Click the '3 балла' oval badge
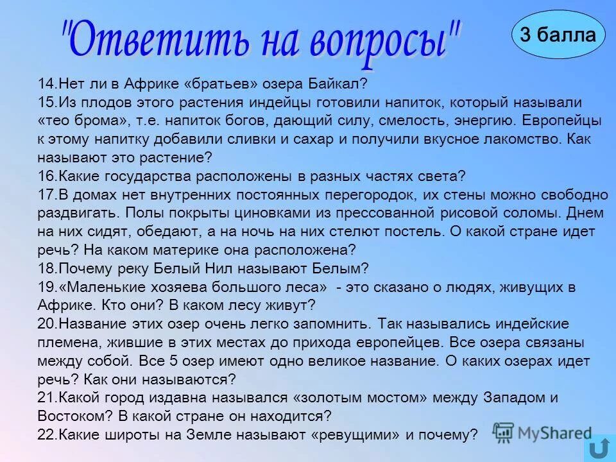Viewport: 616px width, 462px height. pyautogui.click(x=558, y=35)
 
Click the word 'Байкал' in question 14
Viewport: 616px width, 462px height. pyautogui.click(x=343, y=83)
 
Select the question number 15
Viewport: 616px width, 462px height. pyautogui.click(x=46, y=102)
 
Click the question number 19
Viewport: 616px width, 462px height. pyautogui.click(x=46, y=287)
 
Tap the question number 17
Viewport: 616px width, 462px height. pyautogui.click(x=46, y=194)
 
